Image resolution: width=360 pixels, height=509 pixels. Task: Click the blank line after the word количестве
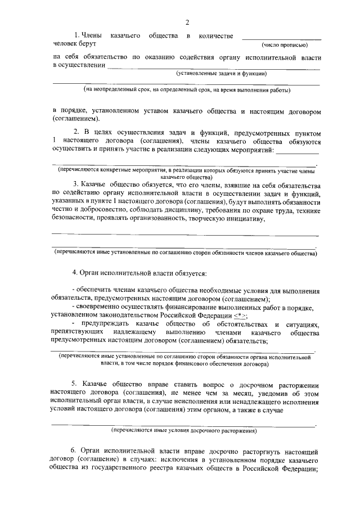coord(281,37)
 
